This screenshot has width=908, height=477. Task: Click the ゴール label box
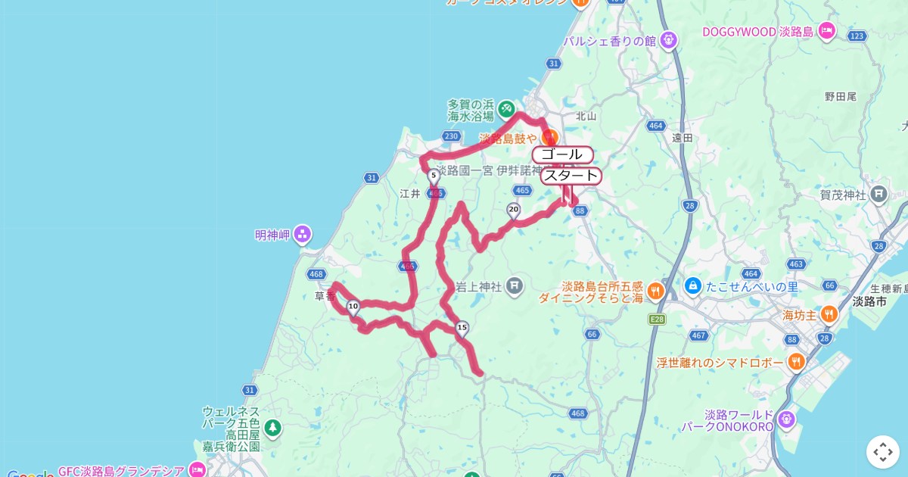[562, 154]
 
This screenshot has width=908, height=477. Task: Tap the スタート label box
[571, 176]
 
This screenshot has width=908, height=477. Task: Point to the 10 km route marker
[353, 306]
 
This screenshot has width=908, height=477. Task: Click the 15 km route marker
[462, 328]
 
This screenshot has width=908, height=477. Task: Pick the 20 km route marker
[514, 210]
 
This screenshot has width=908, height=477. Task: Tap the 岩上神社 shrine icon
[515, 286]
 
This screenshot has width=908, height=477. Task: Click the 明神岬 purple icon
[303, 234]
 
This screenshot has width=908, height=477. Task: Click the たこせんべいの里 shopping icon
[692, 286]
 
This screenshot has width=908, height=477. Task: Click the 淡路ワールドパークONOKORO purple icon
[787, 419]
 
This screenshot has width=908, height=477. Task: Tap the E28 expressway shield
[656, 320]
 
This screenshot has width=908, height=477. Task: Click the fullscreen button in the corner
[882, 452]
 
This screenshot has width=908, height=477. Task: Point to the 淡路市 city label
[868, 301]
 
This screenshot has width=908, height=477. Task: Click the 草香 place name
[325, 296]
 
